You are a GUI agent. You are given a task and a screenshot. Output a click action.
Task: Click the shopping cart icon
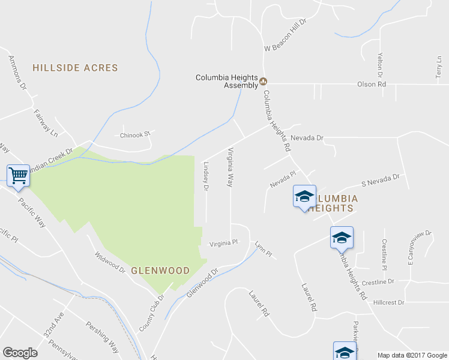[19, 175]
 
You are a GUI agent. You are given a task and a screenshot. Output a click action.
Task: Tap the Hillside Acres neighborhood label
[75, 68]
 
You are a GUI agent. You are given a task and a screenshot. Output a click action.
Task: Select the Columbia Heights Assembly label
[227, 82]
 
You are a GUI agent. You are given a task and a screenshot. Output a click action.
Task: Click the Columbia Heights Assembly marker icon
[264, 82]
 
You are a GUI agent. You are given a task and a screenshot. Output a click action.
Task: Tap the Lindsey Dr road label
[206, 176]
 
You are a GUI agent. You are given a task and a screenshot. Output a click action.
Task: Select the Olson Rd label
[372, 85]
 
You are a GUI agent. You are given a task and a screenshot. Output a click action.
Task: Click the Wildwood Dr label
[110, 262]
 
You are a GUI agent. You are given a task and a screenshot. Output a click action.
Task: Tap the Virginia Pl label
[223, 244]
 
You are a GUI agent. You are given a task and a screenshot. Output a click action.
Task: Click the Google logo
[20, 353]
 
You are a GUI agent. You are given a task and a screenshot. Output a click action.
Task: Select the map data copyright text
[412, 355]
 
